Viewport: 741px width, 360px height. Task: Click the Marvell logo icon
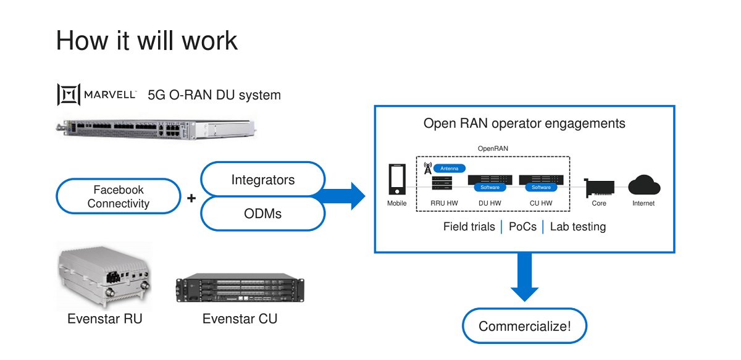coord(69,94)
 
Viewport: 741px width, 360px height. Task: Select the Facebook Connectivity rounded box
coord(119,196)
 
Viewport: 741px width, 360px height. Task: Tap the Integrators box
coord(263,180)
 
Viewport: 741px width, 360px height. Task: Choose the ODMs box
coord(263,214)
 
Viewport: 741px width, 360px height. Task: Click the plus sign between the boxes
coord(191,198)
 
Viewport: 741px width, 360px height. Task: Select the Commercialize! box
coord(524,325)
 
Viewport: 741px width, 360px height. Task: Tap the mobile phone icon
coord(397,180)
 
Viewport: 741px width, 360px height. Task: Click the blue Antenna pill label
coord(449,168)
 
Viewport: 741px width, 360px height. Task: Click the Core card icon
coord(598,187)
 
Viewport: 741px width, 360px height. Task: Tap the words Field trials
coord(469,227)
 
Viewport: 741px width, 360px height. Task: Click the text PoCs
coord(522,227)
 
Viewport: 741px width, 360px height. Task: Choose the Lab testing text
coord(578,227)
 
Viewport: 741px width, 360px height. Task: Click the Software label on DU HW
coord(490,187)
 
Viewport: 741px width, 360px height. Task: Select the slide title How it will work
coord(147,41)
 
